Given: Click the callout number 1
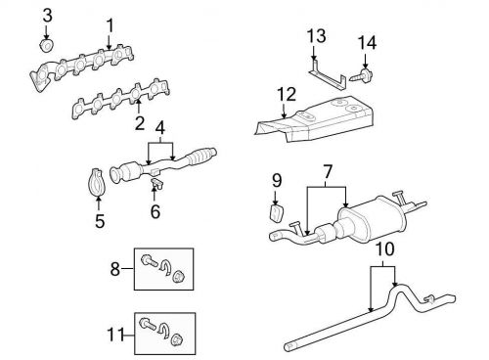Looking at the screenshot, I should pos(110,24).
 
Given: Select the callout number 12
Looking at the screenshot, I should pos(285,94).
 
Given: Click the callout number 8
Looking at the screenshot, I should pos(115,268).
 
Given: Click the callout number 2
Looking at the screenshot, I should pos(140,123).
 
